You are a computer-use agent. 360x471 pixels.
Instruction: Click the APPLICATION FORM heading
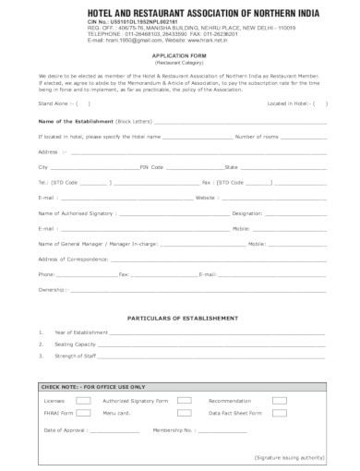181,54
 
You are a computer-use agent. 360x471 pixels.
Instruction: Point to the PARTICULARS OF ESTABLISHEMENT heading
179,317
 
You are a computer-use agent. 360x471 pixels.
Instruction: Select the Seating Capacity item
77,344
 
